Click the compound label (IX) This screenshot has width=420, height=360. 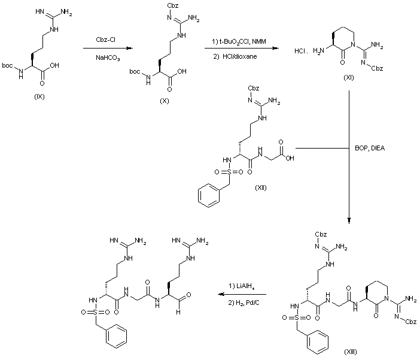[x=40, y=98]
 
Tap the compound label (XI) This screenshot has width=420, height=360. [x=348, y=78]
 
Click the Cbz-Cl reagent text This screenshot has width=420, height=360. [x=104, y=41]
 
